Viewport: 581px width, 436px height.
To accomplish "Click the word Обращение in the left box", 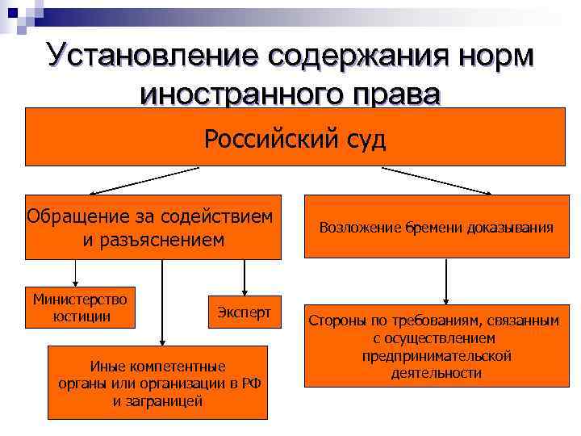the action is [68, 216].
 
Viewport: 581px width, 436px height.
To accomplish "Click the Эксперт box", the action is [244, 311].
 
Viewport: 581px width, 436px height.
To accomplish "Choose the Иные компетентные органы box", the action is [158, 383].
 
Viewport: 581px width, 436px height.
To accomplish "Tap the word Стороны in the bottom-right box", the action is [337, 321].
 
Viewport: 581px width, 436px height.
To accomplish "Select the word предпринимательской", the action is [437, 356].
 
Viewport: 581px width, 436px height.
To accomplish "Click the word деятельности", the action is [437, 373].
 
